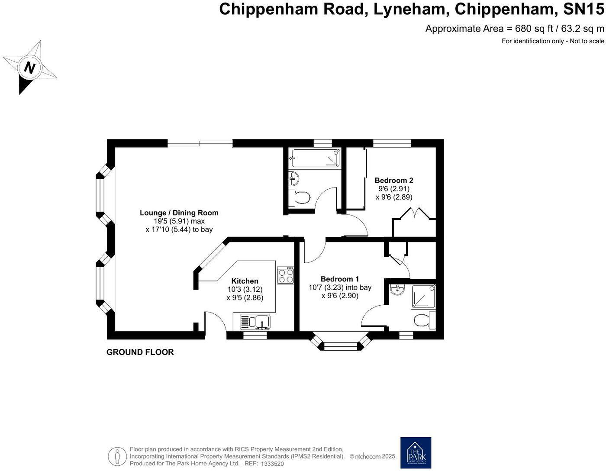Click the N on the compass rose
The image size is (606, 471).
[x=29, y=68]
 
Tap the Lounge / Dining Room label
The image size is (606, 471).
[x=179, y=213]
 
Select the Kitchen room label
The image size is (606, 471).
[x=245, y=281]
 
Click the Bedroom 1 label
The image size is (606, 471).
[x=339, y=279]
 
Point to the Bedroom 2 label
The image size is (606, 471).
[x=393, y=180]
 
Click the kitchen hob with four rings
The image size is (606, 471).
[x=286, y=276]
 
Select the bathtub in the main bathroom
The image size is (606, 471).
[x=315, y=158]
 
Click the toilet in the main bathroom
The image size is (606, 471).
[x=300, y=198]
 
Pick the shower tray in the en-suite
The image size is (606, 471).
[x=423, y=297]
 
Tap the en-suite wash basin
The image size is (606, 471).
[x=397, y=289]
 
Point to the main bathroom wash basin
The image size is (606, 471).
[x=293, y=177]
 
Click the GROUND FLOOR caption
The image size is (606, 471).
[x=140, y=352]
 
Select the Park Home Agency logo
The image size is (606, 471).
[x=416, y=453]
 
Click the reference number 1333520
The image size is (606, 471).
[x=272, y=464]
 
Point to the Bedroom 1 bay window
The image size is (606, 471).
[x=341, y=345]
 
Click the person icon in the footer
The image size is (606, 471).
[x=117, y=456]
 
